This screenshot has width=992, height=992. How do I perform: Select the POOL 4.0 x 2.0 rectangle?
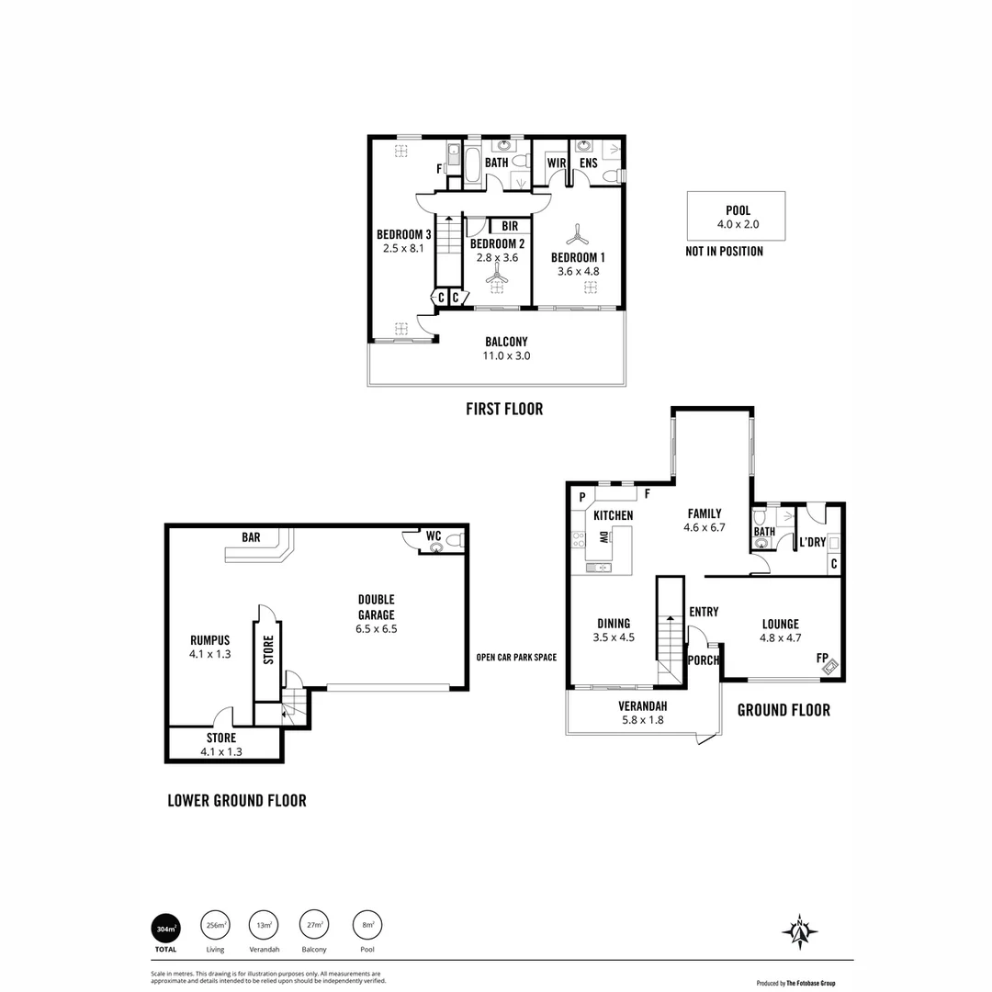[x=736, y=216]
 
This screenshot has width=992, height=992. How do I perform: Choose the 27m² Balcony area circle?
[x=314, y=926]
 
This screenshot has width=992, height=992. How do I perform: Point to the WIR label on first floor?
[x=556, y=163]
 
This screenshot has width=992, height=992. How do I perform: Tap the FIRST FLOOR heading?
[x=504, y=410]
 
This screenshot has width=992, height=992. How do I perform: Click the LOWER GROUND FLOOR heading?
[x=237, y=800]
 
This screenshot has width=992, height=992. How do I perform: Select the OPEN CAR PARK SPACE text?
[x=516, y=657]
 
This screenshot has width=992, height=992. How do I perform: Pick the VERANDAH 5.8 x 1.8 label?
[x=642, y=713]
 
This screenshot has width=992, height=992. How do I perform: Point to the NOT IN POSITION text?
[x=724, y=252]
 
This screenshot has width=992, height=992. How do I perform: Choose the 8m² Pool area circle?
[x=367, y=926]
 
